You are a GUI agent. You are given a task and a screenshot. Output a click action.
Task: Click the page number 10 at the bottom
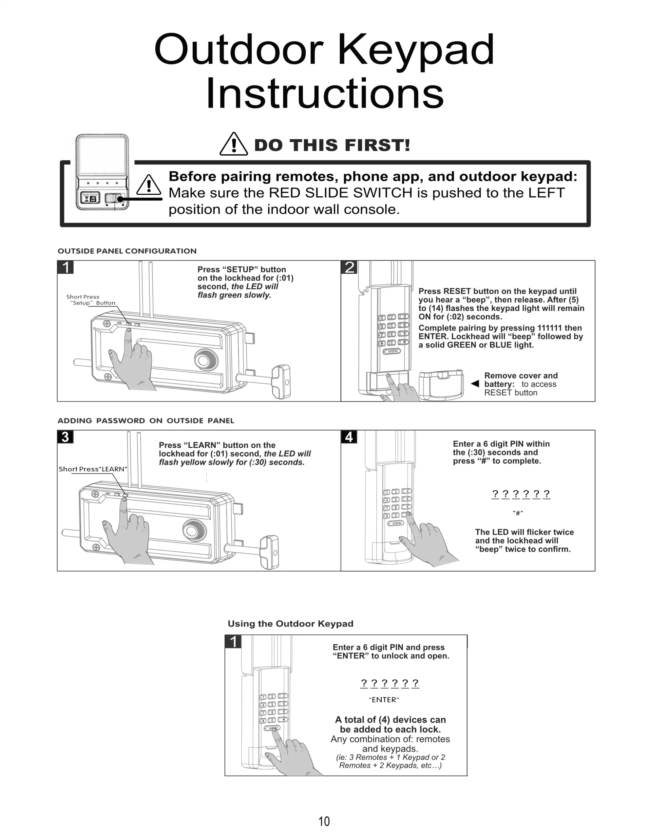324,821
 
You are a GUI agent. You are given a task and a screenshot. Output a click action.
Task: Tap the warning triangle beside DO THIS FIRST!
234,145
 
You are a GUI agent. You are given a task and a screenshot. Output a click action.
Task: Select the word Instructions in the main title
325,94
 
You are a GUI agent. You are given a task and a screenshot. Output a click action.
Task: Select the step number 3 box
65,437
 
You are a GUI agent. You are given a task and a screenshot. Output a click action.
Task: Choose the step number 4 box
349,437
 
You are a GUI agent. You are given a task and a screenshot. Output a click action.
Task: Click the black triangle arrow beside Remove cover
475,383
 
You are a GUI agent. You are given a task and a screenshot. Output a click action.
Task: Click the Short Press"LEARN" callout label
93,469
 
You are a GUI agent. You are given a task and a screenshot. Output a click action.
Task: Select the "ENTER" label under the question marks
384,700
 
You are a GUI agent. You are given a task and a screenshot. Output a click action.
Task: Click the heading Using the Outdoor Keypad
290,623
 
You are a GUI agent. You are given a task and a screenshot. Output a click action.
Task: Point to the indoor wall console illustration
102,172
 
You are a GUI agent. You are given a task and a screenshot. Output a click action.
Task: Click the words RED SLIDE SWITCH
347,193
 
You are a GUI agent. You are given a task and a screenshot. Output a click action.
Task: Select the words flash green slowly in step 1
234,295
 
